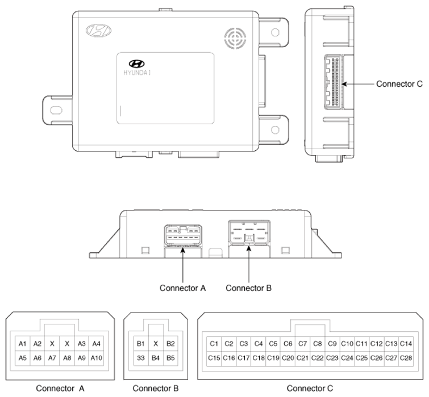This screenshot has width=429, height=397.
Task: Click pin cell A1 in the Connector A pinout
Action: click(x=22, y=344)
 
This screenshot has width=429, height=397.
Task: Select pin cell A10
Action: click(x=96, y=358)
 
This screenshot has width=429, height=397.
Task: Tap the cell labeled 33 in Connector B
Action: click(x=140, y=358)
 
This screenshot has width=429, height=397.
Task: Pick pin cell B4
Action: click(x=155, y=358)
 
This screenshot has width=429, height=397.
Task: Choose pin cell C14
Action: click(x=406, y=344)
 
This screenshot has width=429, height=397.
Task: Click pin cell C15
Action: click(x=214, y=358)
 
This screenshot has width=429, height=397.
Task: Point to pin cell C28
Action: click(x=406, y=358)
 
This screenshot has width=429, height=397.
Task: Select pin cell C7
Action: click(x=302, y=344)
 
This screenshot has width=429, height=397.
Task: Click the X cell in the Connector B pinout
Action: click(x=155, y=344)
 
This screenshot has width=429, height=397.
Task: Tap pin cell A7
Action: click(x=52, y=358)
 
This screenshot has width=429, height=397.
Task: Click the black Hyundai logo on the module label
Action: click(x=136, y=64)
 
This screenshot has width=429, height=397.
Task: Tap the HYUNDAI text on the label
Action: click(x=137, y=73)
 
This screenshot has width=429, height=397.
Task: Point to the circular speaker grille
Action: click(x=235, y=38)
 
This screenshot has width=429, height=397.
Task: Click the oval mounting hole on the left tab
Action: click(x=56, y=110)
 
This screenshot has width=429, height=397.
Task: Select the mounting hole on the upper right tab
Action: click(x=275, y=32)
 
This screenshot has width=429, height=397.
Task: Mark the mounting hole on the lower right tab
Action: click(x=275, y=130)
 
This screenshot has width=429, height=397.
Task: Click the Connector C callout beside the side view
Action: click(x=399, y=84)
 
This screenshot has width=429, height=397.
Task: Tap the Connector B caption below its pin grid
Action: click(x=155, y=388)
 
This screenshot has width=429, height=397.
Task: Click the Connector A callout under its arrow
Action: click(x=182, y=288)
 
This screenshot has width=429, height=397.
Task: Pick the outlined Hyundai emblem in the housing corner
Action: click(x=98, y=30)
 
